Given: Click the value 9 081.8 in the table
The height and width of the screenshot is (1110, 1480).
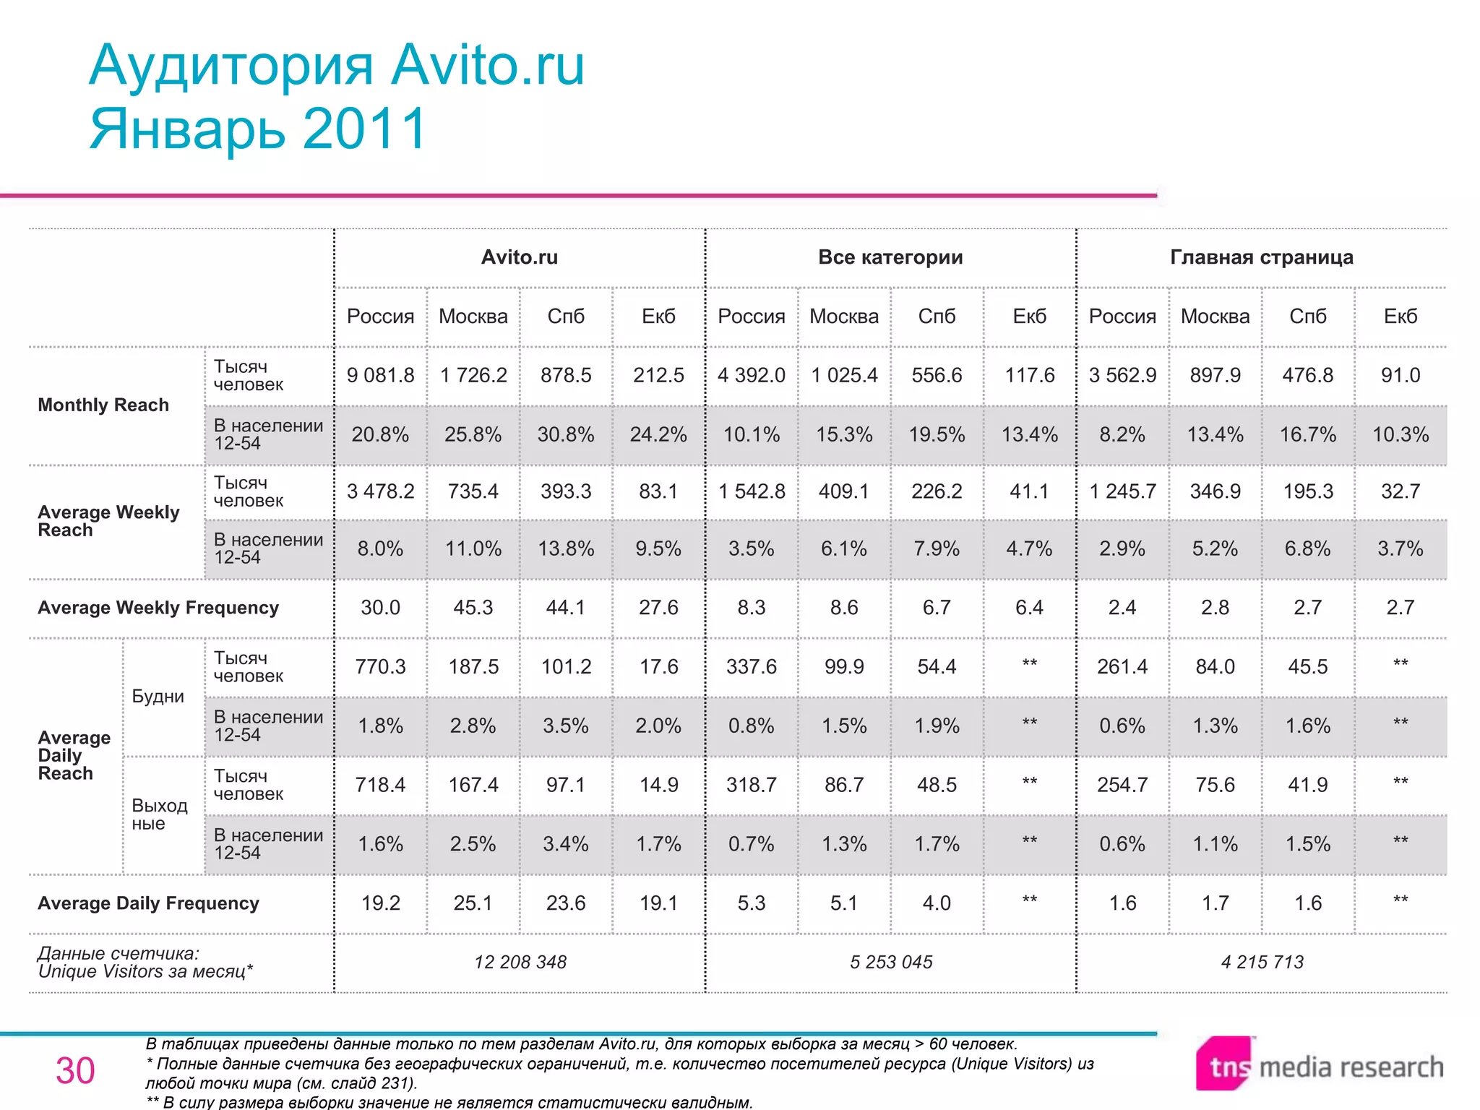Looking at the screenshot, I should click(380, 375).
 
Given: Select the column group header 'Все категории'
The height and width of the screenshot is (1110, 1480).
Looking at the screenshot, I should click(890, 257).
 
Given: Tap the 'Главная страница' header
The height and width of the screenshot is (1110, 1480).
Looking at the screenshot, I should click(1261, 257).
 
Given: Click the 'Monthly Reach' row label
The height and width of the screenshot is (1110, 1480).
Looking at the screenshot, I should click(103, 405).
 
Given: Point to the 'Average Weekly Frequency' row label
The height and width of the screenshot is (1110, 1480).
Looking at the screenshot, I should click(158, 608).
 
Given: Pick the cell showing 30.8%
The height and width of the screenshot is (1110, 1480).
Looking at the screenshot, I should click(566, 434).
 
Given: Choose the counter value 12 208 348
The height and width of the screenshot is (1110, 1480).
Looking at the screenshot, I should click(520, 962).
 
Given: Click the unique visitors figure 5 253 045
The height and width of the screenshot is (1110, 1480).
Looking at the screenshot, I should click(891, 962).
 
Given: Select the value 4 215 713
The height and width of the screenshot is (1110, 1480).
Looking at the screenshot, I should click(1262, 962).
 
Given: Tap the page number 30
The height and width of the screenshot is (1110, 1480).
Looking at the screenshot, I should click(75, 1070).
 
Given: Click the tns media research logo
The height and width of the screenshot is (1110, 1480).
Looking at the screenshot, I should click(1319, 1066).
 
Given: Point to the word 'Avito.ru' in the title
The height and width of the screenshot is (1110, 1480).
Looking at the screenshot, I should click(488, 66).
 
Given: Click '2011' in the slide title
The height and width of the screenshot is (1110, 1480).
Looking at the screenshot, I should click(365, 129).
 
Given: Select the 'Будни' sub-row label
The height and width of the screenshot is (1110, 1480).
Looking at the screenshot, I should click(158, 697).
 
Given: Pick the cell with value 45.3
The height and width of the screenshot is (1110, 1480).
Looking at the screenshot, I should click(473, 608).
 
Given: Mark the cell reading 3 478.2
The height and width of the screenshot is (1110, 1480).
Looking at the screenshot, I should click(380, 491).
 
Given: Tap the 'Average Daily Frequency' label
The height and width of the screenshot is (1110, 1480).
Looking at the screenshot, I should click(148, 903).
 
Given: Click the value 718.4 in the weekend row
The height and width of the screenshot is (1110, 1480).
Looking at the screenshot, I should click(380, 785).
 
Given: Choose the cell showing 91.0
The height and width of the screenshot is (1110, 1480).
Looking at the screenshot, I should click(1400, 375).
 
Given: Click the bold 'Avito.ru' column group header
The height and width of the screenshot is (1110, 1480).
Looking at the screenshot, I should click(520, 257).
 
